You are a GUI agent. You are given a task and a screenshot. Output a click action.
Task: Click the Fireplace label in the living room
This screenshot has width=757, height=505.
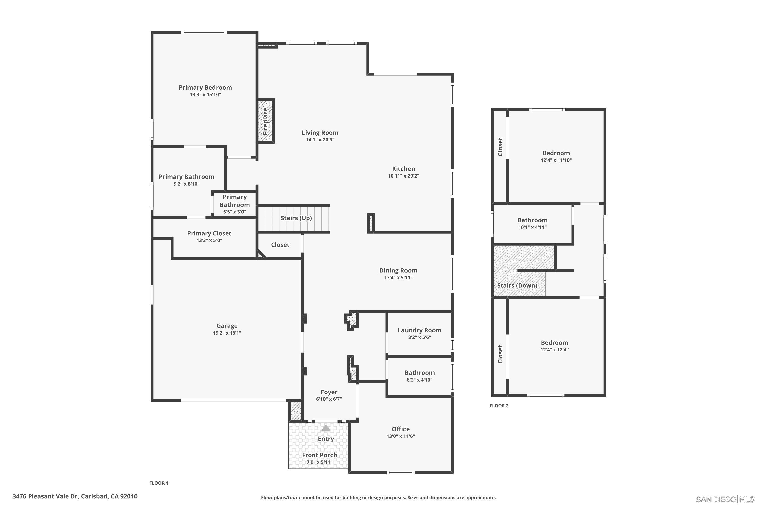click(x=265, y=121)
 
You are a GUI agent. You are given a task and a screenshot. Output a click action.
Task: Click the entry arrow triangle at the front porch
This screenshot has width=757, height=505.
click(x=326, y=428)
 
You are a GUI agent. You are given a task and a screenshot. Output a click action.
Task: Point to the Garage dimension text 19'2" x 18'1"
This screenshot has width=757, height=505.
click(x=227, y=333)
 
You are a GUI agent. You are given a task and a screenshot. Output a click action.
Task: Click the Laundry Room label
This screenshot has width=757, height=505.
click(x=419, y=330)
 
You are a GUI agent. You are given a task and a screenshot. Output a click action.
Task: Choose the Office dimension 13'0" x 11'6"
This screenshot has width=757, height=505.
click(x=400, y=436)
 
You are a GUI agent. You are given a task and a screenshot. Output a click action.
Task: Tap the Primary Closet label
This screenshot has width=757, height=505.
click(x=209, y=233)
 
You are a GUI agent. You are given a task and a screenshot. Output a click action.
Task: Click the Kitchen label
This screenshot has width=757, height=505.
click(x=403, y=169)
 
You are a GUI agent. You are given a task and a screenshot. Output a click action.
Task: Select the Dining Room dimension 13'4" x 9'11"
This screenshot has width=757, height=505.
click(x=398, y=277)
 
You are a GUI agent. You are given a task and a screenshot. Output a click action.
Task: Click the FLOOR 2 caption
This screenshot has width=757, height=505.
click(x=499, y=406)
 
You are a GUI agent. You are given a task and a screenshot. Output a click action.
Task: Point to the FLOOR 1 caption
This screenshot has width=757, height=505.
click(x=159, y=483)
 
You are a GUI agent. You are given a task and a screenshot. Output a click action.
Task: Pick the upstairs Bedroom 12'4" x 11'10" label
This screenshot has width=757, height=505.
click(x=556, y=153)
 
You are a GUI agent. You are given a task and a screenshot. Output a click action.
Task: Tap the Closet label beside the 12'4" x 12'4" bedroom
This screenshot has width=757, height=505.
click(x=500, y=354)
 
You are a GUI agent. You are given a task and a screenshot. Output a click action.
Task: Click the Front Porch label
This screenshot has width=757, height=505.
click(x=319, y=455)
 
